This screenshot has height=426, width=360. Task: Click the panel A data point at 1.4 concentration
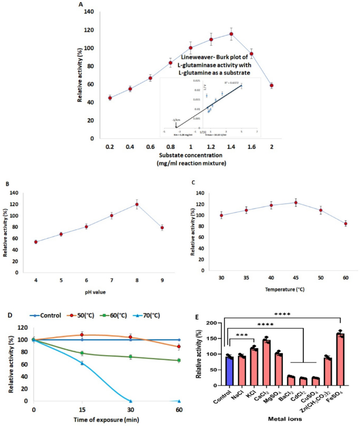click(x=231, y=34)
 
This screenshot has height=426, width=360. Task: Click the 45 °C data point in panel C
click(x=281, y=202)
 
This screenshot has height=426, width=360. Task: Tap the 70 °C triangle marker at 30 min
click(x=130, y=401)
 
